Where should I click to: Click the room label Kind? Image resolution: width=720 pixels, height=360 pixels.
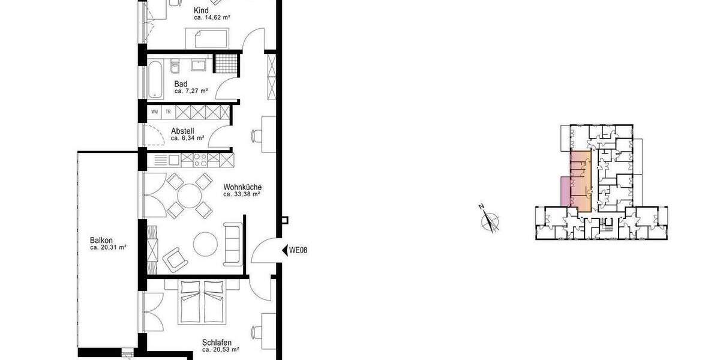coord(202,11)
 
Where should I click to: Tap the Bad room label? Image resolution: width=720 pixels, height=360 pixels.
coord(181,84)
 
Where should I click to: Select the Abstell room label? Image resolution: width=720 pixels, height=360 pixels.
coord(182,131)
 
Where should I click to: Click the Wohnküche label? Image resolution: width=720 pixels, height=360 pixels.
coord(242,187)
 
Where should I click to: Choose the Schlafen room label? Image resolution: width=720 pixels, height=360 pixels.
coord(217,341)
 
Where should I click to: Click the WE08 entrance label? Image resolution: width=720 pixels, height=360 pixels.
coord(298,250)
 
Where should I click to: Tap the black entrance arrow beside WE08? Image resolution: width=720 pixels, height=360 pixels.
coord(284,250)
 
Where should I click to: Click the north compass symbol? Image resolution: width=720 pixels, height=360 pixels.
coord(491,220)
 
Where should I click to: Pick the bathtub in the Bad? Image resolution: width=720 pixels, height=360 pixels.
coord(155,79)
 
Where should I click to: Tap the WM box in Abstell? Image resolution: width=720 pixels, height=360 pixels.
coord(155,112)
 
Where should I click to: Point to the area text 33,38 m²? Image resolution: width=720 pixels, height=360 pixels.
coord(242,194)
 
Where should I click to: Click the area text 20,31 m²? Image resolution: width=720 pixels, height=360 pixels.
coord(108,247)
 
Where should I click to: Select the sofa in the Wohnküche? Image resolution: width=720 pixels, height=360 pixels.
coord(233,244)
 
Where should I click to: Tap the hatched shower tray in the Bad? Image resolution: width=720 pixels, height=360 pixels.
coord(227,64)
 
